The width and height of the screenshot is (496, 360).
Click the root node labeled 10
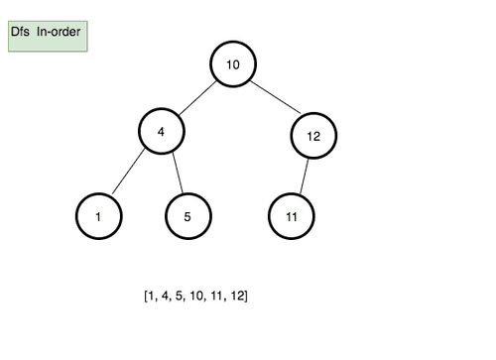233,64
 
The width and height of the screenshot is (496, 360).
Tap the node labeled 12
312,136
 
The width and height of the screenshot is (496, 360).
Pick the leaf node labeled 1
98,215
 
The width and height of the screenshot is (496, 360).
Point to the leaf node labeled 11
291,215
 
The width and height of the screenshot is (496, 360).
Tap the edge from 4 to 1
130,174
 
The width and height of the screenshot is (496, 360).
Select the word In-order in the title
59,33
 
